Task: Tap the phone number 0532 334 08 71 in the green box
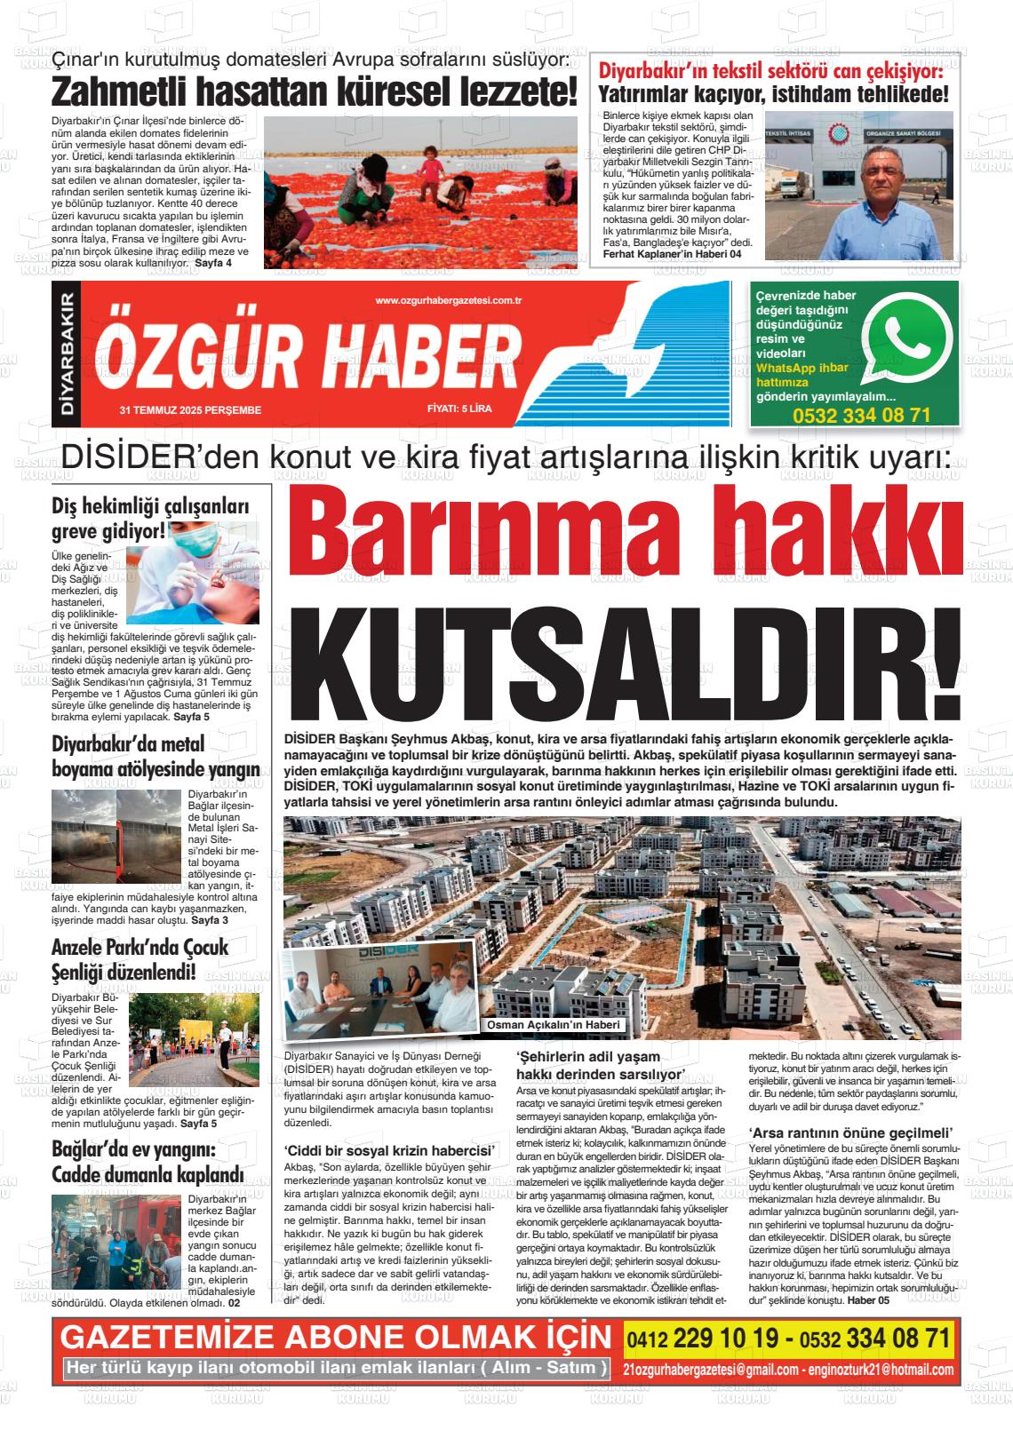861,416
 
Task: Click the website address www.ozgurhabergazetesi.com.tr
448,301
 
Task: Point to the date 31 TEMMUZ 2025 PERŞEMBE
190,409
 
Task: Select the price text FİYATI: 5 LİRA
459,409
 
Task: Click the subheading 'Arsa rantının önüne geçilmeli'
851,1132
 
